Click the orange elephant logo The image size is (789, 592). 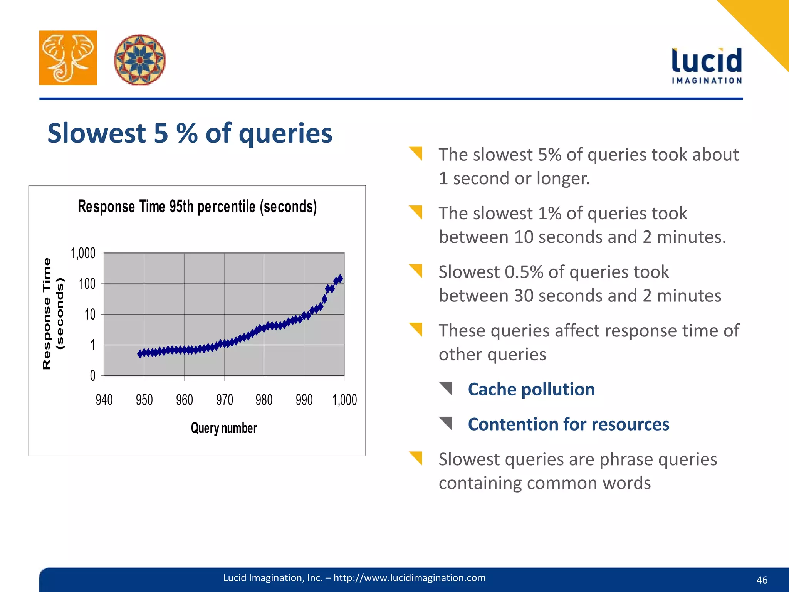(68, 58)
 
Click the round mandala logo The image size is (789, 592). (139, 60)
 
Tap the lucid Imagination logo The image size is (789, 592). (707, 66)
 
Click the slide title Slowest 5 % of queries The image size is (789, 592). (190, 133)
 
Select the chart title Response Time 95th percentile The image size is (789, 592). (197, 207)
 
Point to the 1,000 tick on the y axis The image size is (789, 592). (83, 253)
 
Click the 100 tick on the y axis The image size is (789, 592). (87, 284)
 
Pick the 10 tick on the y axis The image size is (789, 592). (90, 314)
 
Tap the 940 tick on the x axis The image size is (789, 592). (104, 400)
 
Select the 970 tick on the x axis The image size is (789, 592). (224, 400)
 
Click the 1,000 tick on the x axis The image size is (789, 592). (344, 400)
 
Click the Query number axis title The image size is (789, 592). (224, 428)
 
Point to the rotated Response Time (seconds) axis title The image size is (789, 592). (53, 313)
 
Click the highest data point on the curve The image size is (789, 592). (340, 278)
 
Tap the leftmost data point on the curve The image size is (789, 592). (140, 354)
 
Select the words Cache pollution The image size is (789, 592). (531, 389)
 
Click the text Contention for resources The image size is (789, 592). (569, 424)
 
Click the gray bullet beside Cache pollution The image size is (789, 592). (446, 388)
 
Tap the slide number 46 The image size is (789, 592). (762, 580)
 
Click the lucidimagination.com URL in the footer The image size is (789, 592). (409, 578)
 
